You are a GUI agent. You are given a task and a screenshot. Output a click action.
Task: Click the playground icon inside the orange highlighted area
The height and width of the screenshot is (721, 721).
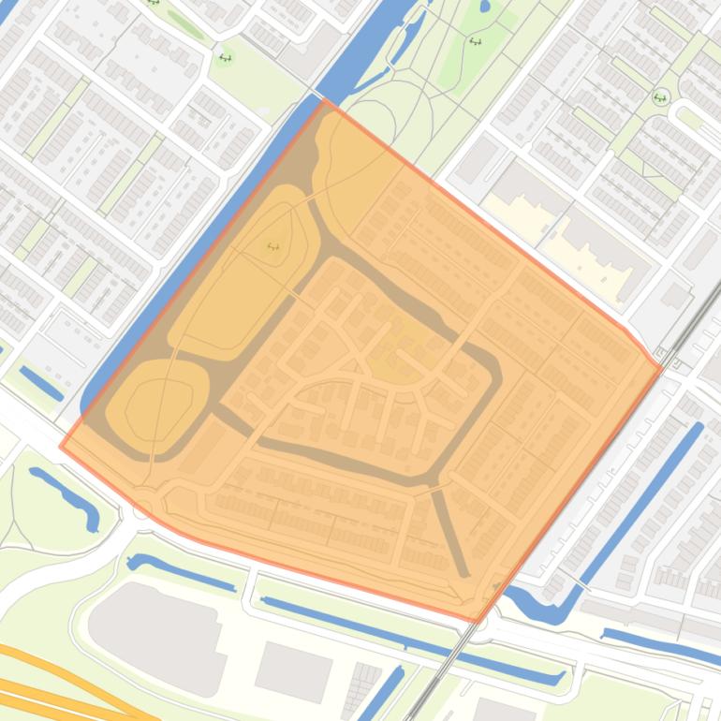[x=273, y=246]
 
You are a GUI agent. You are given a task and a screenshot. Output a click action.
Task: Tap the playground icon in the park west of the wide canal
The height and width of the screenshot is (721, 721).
[x=225, y=58]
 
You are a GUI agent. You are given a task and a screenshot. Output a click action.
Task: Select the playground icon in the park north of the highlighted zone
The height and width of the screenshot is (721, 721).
[x=475, y=41]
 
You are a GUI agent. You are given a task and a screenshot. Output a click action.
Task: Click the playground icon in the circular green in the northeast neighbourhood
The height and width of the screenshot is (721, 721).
[x=660, y=97]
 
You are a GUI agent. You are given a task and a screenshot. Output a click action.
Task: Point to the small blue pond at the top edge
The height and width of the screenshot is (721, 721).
[x=484, y=6]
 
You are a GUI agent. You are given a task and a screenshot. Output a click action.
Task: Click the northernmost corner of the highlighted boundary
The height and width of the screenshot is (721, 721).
[x=325, y=100]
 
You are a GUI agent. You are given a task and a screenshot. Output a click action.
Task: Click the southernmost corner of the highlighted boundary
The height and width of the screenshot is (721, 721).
[x=478, y=621]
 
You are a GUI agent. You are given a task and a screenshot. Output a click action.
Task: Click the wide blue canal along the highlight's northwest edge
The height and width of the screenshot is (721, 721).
[x=215, y=234]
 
